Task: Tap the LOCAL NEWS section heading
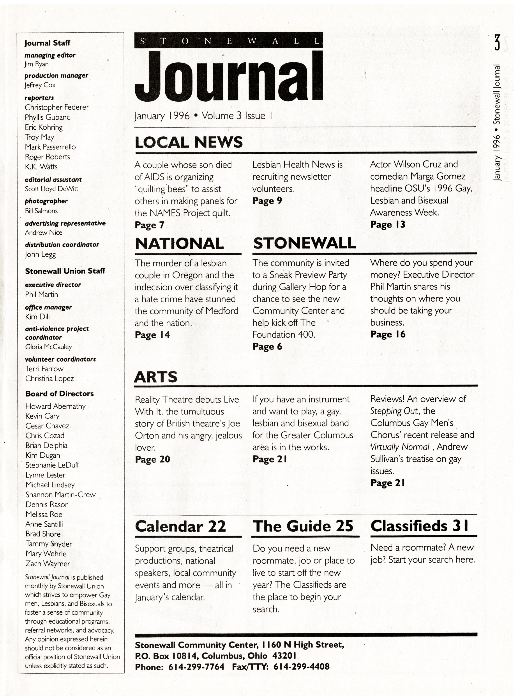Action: (x=189, y=142)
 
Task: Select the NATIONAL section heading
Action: (x=179, y=244)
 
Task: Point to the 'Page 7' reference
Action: (x=150, y=225)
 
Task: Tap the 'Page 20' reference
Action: (x=152, y=459)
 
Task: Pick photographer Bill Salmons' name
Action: (x=41, y=211)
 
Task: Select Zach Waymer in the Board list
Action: (x=48, y=564)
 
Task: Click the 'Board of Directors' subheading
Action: (x=59, y=394)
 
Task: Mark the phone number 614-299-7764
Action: (x=196, y=667)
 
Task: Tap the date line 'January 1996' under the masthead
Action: (x=162, y=116)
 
